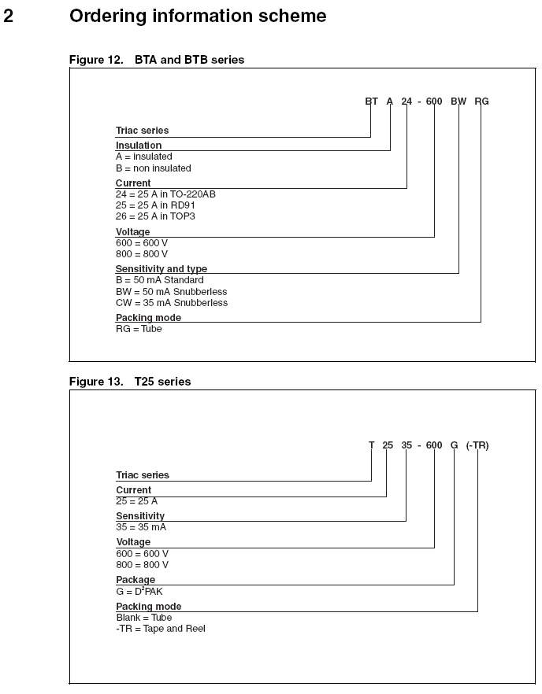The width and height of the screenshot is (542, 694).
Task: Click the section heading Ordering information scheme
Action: coord(198,16)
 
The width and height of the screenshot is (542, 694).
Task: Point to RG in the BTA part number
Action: coord(481,102)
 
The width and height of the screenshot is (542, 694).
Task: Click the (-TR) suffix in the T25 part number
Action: coord(477,445)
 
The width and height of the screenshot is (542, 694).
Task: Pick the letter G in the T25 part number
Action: coord(454,445)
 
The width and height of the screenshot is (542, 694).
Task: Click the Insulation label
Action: coord(139,146)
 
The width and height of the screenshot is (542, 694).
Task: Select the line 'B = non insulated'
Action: coord(154,168)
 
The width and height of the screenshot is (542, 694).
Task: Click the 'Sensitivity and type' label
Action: coord(161,269)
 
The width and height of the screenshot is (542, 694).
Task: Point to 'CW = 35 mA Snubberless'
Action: coord(172,303)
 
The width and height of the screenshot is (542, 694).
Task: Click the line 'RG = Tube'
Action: coord(139,329)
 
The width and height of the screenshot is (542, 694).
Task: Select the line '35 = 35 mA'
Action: coord(141,527)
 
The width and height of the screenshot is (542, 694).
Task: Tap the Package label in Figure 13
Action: coord(135,580)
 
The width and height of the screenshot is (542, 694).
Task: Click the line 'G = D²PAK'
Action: coord(139,591)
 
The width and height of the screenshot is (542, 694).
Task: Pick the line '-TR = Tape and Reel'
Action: coord(161,629)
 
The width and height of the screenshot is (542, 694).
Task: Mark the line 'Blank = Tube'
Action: coord(144,618)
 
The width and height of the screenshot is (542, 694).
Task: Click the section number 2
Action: coord(9,16)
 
